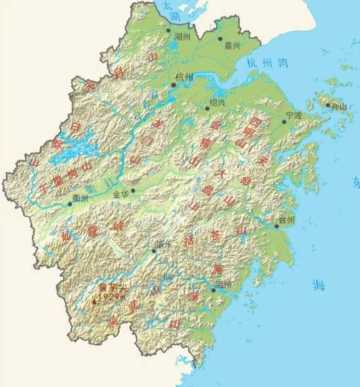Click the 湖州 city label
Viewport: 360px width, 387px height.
click(181, 35)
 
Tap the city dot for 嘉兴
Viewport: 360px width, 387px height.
click(220, 37)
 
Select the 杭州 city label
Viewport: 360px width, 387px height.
click(183, 76)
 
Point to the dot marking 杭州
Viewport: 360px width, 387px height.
click(174, 85)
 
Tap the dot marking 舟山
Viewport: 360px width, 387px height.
click(327, 106)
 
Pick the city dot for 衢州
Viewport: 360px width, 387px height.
click(71, 204)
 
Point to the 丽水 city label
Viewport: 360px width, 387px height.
click(163, 244)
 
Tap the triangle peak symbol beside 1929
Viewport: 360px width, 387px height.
click(94, 301)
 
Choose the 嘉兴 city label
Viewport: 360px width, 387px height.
click(232, 46)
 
